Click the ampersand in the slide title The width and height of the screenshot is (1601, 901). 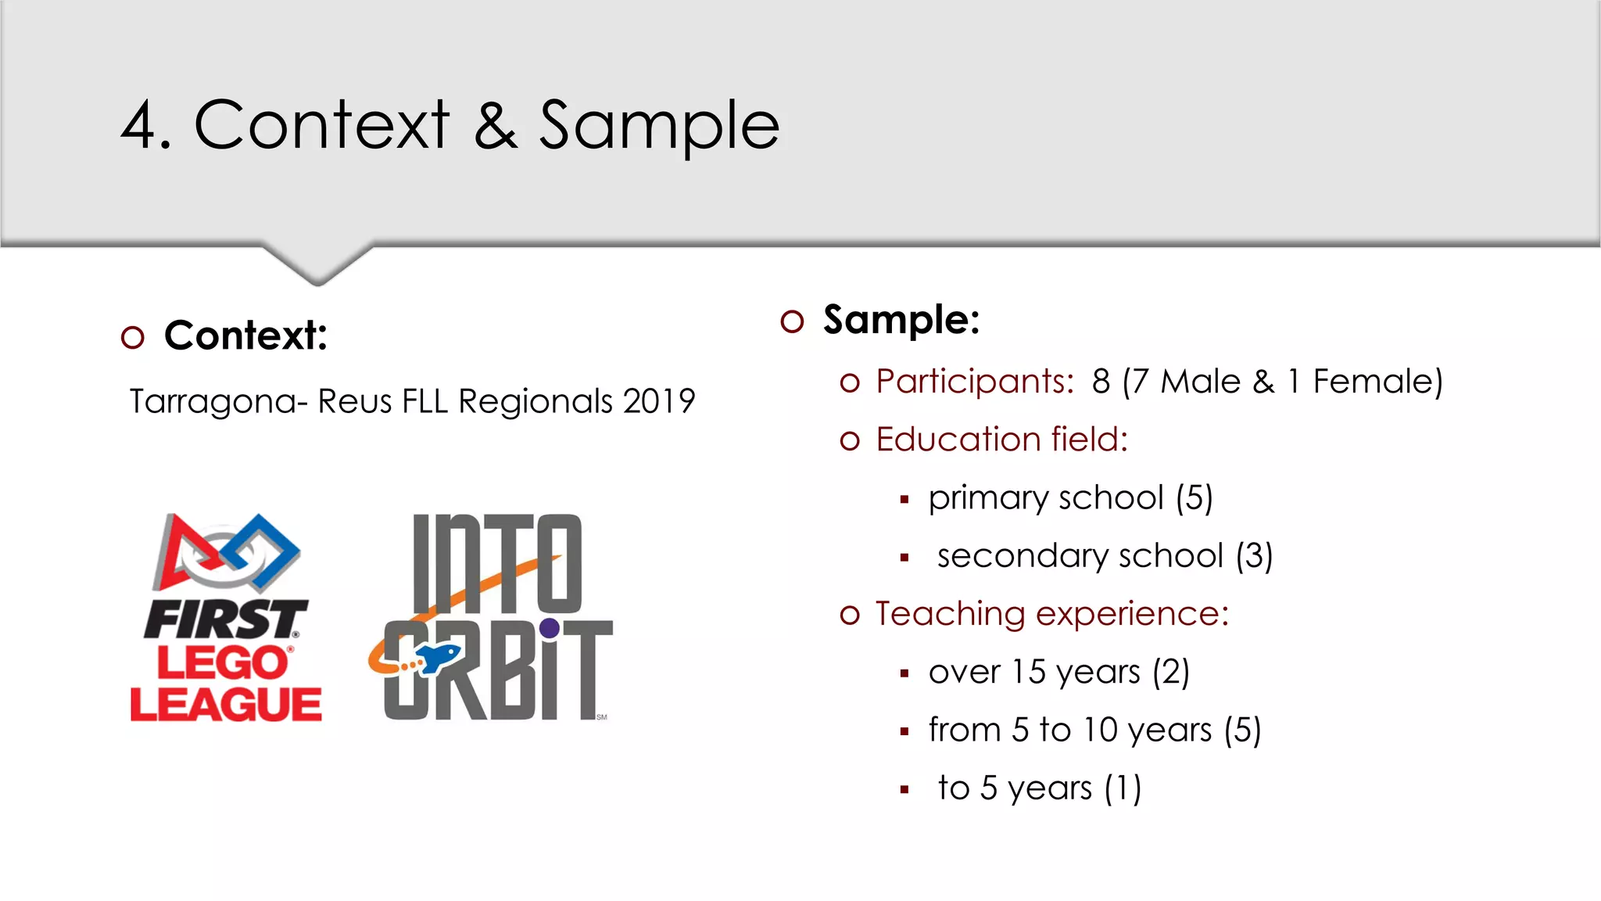(x=496, y=126)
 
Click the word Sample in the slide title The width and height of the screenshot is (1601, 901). (x=659, y=127)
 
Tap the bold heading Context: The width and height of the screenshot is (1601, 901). (x=245, y=336)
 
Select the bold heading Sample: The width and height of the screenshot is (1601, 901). (x=901, y=320)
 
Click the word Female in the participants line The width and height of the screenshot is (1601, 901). (x=1372, y=382)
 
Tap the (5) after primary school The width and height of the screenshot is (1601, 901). (x=1194, y=498)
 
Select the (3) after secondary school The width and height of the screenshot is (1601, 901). (x=1254, y=556)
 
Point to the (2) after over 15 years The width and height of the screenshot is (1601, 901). (x=1170, y=672)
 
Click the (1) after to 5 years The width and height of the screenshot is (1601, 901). (x=1123, y=788)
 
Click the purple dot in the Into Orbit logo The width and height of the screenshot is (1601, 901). (x=550, y=627)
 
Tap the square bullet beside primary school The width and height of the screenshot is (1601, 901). (x=904, y=500)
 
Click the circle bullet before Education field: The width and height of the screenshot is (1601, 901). (x=850, y=441)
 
